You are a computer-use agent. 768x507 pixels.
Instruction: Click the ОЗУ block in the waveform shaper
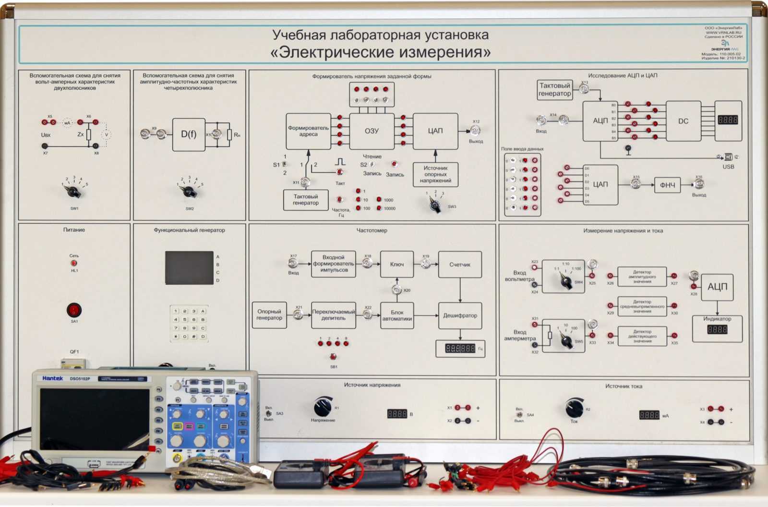tap(372, 131)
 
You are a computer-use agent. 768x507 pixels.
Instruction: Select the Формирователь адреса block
tap(308, 131)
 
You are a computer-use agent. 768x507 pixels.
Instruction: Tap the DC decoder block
tap(683, 121)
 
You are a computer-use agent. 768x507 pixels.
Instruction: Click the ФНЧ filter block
tap(667, 185)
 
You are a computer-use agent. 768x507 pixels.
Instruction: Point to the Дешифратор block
tap(460, 315)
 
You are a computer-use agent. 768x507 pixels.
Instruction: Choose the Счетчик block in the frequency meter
tap(460, 265)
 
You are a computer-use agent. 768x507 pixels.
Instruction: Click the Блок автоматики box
tap(397, 315)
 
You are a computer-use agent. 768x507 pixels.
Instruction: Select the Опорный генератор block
tap(269, 315)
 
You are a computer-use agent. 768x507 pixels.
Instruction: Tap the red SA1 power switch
tap(74, 310)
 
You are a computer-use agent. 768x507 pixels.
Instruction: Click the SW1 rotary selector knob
tap(74, 192)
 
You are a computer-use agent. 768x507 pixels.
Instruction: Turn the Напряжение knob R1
tap(323, 407)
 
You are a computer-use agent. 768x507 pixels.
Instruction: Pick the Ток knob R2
tap(574, 408)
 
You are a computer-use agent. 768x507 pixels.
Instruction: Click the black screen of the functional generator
tap(189, 267)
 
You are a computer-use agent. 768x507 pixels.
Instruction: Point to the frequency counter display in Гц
tap(460, 349)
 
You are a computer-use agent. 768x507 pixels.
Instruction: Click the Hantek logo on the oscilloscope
tap(52, 378)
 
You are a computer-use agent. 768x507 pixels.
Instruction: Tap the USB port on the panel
tap(728, 157)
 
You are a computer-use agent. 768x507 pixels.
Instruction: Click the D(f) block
tap(189, 134)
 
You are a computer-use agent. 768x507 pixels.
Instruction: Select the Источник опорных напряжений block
tap(435, 174)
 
